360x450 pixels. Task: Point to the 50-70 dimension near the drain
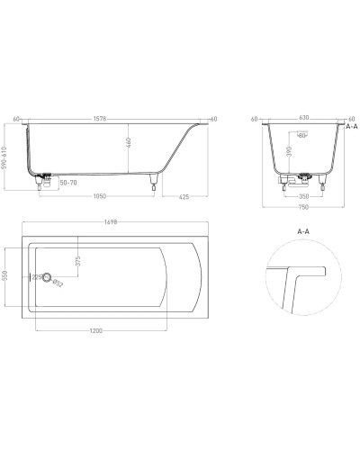coord(67,183)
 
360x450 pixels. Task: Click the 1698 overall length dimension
coord(111,222)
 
